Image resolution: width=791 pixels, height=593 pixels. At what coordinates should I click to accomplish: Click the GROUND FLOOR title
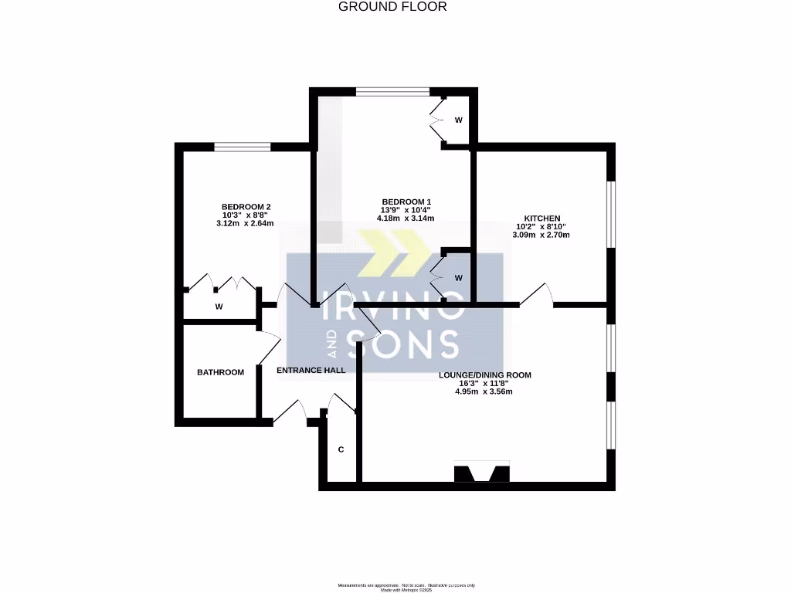point(392,7)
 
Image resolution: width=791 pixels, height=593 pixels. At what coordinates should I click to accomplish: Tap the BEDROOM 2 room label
point(246,206)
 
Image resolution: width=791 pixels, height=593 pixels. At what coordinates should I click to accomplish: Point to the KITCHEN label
point(542,218)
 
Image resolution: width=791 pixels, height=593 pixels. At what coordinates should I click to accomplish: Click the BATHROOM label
point(220,372)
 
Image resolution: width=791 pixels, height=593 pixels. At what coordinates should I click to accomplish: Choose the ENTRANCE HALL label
point(311,370)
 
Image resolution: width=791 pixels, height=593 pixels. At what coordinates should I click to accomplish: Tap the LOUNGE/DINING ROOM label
point(484,374)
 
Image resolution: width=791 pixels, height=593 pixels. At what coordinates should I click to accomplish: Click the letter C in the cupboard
point(340,449)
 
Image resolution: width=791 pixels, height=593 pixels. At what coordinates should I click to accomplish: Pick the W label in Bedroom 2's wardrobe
point(219,307)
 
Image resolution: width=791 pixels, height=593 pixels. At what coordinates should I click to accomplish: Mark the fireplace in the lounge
point(482,473)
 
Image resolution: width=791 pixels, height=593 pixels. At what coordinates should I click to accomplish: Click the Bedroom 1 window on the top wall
point(392,92)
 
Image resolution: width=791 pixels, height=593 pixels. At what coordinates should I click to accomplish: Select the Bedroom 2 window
point(243,147)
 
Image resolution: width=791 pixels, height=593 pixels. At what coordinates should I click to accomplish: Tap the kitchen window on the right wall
point(611,214)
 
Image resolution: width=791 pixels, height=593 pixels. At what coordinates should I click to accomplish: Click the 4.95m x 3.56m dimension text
point(484,391)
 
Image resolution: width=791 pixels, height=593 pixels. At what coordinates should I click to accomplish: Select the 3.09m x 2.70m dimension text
point(542,235)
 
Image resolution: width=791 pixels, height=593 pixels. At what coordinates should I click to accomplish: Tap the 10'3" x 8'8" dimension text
point(246,215)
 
